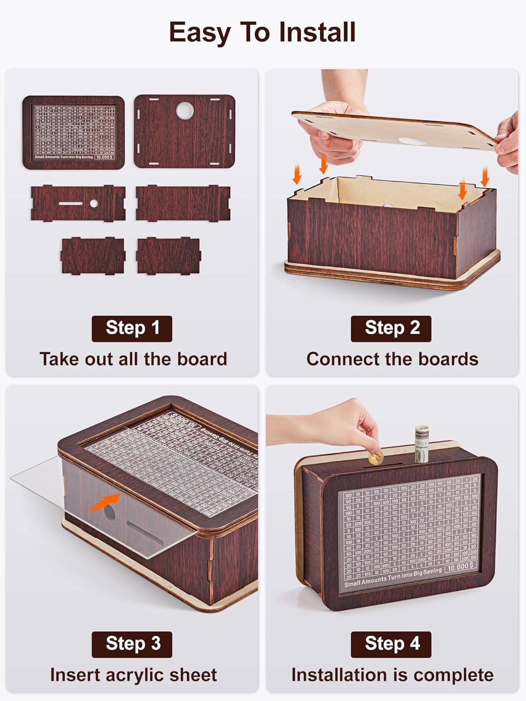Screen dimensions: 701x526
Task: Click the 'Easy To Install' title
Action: (x=262, y=33)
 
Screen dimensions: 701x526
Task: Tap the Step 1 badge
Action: (x=132, y=329)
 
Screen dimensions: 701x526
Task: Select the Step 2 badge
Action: (x=391, y=329)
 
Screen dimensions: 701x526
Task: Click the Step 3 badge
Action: (x=132, y=644)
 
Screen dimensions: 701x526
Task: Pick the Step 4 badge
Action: (x=391, y=644)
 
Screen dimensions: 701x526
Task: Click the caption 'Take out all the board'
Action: (x=133, y=359)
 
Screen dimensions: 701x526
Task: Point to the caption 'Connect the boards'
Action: (x=392, y=359)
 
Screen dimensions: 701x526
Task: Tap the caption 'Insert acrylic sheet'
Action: (x=133, y=675)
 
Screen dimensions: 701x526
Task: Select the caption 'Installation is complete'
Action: (x=392, y=675)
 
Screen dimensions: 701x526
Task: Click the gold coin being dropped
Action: (x=376, y=457)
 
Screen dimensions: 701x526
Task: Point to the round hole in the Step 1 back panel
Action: (x=185, y=111)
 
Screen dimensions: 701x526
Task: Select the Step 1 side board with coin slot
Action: (x=78, y=204)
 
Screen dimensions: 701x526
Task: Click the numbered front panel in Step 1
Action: (x=73, y=132)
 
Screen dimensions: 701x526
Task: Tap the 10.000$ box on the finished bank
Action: (x=460, y=567)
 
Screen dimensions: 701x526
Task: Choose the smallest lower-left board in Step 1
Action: (x=93, y=255)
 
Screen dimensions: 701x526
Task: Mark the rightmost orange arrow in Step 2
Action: (x=485, y=177)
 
